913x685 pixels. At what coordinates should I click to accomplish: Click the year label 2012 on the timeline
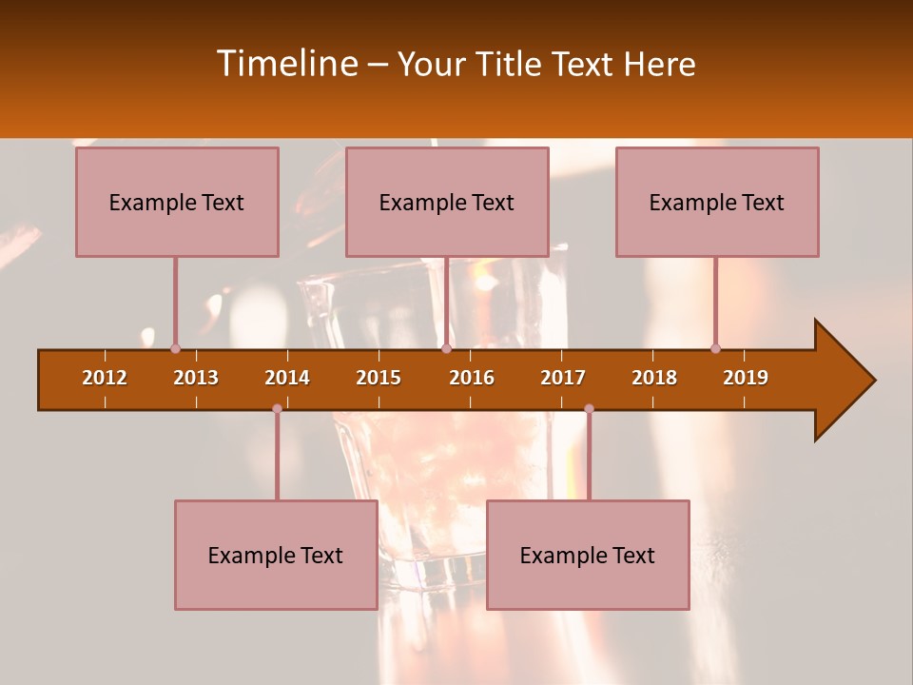pos(105,378)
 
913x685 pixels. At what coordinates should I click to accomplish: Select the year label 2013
pos(196,378)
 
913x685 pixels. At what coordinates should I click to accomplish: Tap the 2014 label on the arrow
pos(287,378)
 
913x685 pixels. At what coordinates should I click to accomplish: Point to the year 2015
pos(379,378)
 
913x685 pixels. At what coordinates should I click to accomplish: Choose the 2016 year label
pos(472,378)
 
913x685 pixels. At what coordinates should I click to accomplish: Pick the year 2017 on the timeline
pos(563,378)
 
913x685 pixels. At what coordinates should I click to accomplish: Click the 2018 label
pos(654,378)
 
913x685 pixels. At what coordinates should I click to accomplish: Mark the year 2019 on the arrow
pos(746,378)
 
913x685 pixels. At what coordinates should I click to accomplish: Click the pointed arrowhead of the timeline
pos(846,381)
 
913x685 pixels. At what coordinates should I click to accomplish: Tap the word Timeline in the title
pos(284,64)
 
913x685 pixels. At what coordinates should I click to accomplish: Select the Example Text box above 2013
pos(177,202)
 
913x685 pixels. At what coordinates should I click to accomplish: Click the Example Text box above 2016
pos(447,202)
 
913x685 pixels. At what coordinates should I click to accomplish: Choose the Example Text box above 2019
pos(717,202)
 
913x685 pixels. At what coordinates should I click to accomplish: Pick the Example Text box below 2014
pos(276,555)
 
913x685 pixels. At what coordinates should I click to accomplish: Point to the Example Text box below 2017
pos(588,555)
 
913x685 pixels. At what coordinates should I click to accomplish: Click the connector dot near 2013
pos(175,348)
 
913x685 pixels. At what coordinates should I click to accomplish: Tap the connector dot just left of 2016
pos(446,348)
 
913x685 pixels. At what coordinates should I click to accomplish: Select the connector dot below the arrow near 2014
pos(277,408)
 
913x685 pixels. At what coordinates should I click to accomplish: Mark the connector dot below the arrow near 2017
pos(589,408)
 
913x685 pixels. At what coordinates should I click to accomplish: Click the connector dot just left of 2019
pos(715,348)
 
